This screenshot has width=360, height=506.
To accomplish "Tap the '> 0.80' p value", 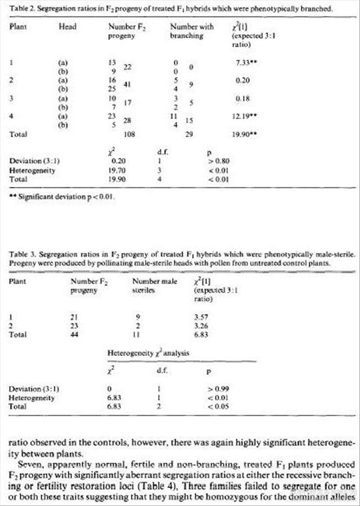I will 219,160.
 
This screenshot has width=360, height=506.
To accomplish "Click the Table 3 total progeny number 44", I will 76,335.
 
